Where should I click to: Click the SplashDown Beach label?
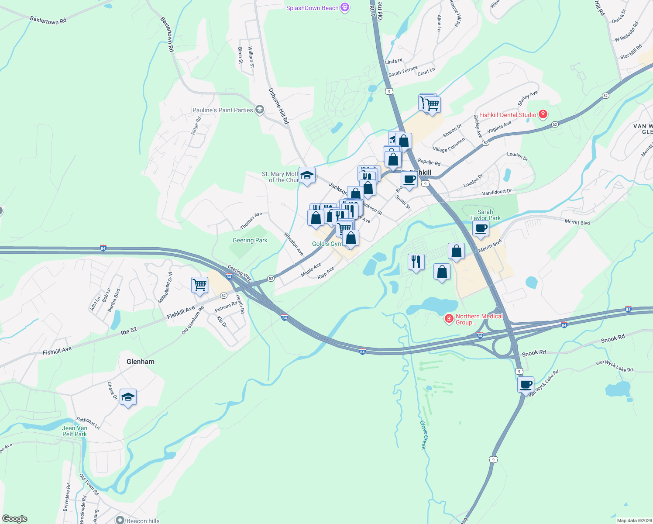click(312, 8)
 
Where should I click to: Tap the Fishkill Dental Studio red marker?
click(543, 114)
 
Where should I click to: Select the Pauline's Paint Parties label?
click(223, 110)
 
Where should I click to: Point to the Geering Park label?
click(250, 240)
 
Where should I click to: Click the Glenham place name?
click(140, 362)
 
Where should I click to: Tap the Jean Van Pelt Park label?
click(75, 431)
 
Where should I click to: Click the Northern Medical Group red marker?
click(448, 319)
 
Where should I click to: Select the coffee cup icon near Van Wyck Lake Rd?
click(526, 385)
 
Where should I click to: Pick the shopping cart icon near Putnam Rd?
click(199, 285)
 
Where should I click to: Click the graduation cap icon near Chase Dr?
click(128, 397)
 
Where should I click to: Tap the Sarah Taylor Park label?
click(485, 215)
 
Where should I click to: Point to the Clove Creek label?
click(423, 434)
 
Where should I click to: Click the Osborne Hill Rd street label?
click(278, 106)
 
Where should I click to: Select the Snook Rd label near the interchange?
click(533, 353)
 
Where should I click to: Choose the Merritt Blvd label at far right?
click(577, 223)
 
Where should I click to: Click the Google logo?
click(15, 519)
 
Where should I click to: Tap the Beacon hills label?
click(143, 521)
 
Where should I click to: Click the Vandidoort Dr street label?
click(497, 192)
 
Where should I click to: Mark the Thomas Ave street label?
click(251, 221)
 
